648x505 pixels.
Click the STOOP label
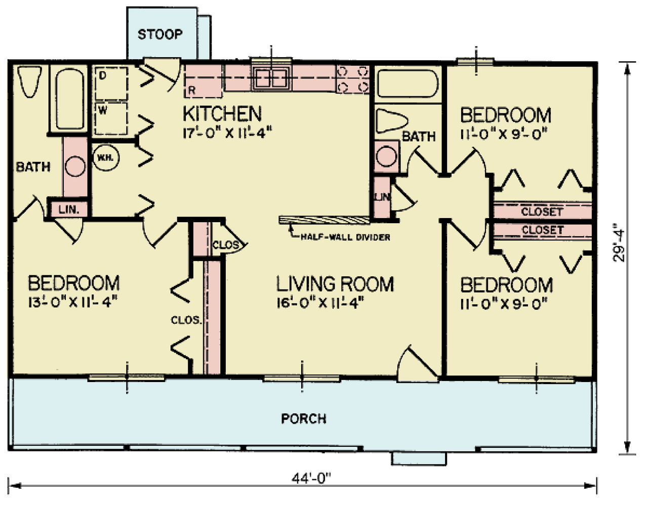160,34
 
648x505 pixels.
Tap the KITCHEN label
222,113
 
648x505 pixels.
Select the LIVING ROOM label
335,284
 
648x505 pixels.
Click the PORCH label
304,418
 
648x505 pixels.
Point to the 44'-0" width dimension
311,478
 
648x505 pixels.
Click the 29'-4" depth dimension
619,242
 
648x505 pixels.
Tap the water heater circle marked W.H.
105,158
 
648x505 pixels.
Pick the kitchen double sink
271,78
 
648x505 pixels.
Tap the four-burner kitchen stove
353,79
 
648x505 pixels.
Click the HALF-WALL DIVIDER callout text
345,237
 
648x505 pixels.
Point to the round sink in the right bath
386,156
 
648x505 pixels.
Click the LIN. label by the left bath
68,209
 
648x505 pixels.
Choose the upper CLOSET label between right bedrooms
542,212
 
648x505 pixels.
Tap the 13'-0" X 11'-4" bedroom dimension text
73,302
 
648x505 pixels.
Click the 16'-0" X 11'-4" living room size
320,303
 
